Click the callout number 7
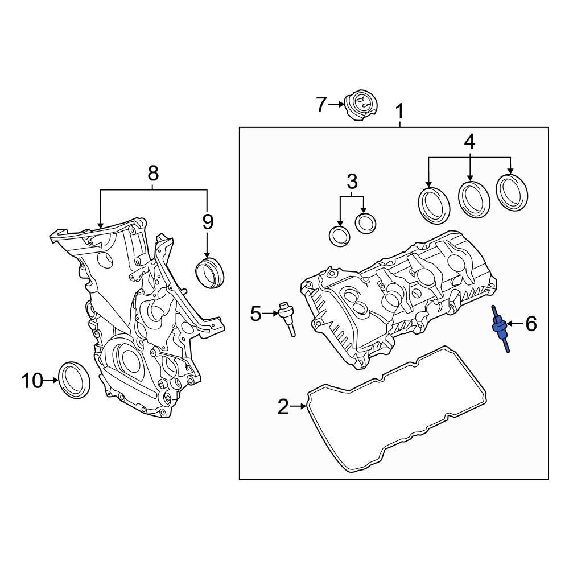click(x=321, y=105)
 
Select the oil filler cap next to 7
click(x=360, y=106)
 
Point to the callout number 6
click(x=530, y=324)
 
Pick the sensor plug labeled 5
click(x=286, y=316)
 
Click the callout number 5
click(x=256, y=313)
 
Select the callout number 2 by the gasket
click(x=283, y=407)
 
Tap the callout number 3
click(x=352, y=182)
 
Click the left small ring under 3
click(x=340, y=235)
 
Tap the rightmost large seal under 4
click(x=513, y=191)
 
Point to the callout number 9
click(x=207, y=222)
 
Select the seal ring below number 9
click(x=210, y=271)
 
